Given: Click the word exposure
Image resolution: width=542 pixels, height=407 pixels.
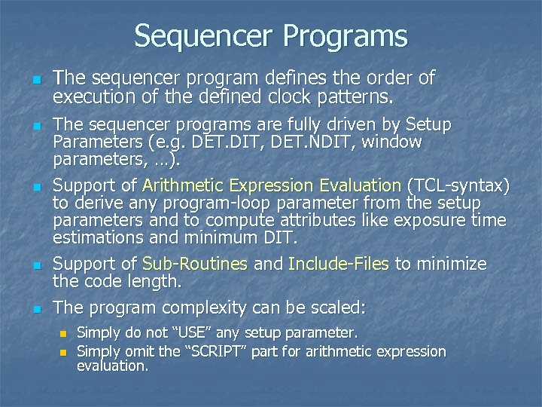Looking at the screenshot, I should pyautogui.click(x=435, y=222).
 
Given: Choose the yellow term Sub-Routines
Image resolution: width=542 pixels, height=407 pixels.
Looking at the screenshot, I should pyautogui.click(x=194, y=264).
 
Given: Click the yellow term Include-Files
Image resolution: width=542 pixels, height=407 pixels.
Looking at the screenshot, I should pyautogui.click(x=338, y=264).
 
